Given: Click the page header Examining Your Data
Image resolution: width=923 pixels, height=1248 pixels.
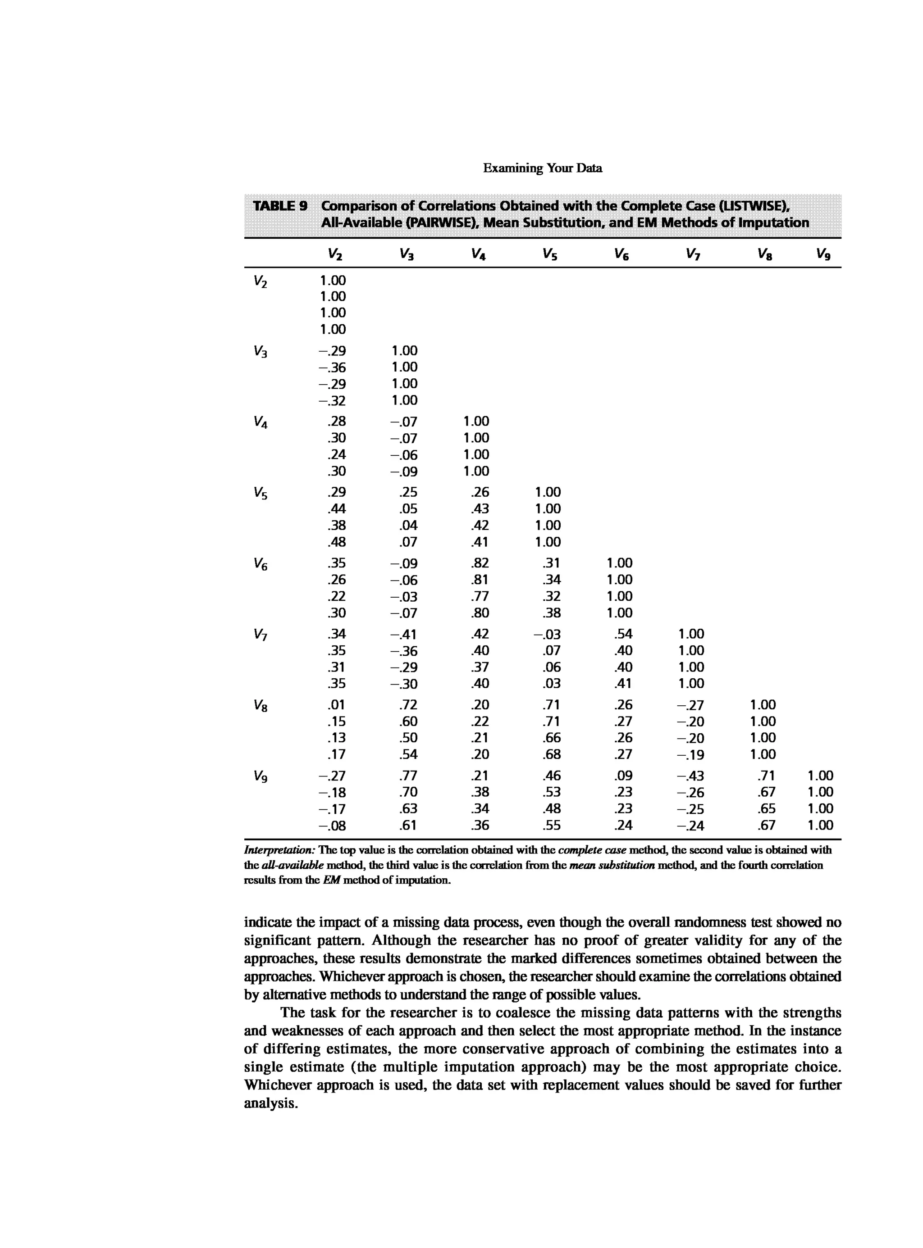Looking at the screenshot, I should tap(542, 168).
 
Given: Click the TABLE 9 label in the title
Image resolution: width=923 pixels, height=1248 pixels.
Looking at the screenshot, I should tap(280, 206).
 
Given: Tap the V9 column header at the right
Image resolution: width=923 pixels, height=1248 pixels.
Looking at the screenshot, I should tap(822, 255).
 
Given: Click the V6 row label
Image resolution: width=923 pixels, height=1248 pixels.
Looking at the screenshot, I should tap(260, 564).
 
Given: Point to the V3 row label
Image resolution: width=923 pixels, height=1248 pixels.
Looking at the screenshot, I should tap(260, 352).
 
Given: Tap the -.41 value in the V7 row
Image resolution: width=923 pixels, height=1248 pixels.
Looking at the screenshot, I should tap(403, 634).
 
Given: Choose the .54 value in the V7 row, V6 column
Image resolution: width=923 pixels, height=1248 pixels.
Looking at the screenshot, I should tap(623, 634).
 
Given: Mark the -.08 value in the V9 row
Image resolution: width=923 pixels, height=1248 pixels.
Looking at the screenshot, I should tap(332, 825).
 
